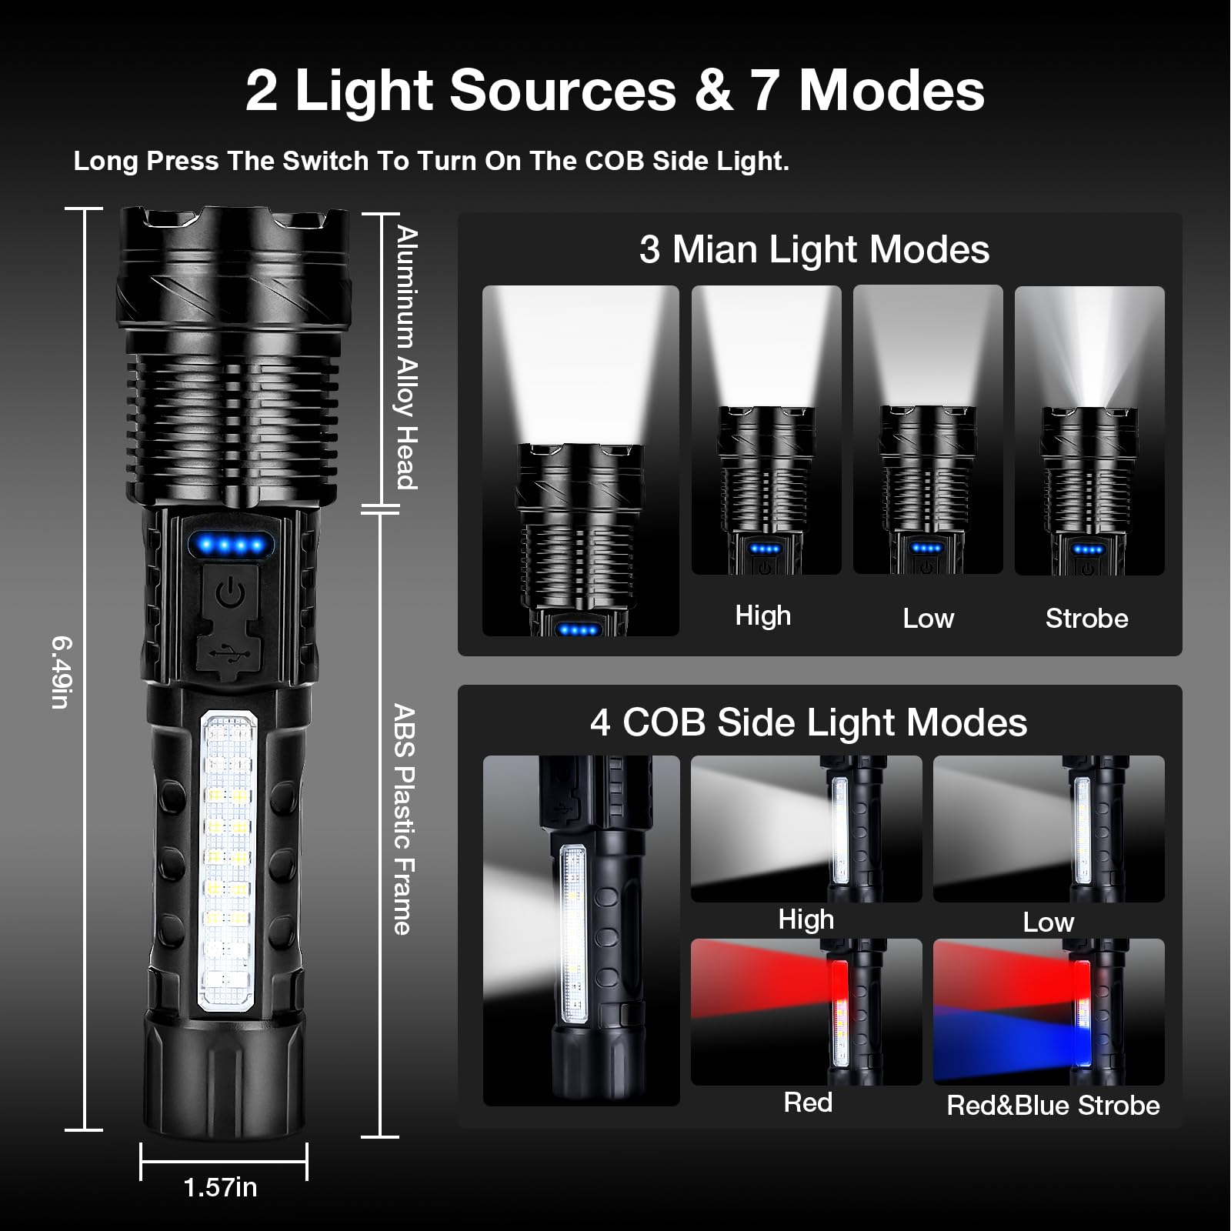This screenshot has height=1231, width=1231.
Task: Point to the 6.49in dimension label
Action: coord(61,672)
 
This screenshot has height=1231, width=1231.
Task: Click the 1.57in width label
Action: coord(220,1187)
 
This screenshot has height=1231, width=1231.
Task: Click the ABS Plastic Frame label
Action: coord(404,819)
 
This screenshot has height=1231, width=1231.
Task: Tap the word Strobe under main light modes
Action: coord(1086,619)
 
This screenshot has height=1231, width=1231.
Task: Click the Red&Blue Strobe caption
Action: coord(1053,1106)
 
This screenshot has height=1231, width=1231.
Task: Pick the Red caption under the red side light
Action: coord(808,1103)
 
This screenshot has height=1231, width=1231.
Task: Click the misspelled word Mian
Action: coord(715,250)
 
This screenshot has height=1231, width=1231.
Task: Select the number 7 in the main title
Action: coord(765,91)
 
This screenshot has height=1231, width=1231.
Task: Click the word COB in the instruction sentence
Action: coord(615,161)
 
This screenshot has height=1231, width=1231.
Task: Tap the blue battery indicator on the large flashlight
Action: coord(231,545)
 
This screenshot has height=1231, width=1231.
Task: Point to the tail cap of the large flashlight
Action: coord(223,1077)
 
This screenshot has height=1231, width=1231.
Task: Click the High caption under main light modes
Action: coord(762,615)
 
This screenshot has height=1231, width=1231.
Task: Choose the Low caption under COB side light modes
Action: coord(1048,922)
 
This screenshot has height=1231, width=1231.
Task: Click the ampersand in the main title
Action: coord(712,91)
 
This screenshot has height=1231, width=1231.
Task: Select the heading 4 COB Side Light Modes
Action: coord(809,722)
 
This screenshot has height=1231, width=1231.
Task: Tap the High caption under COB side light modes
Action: coord(806,919)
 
